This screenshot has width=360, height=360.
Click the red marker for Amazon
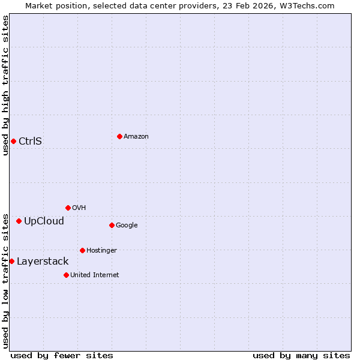click(x=119, y=136)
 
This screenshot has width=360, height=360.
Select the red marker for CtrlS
click(x=13, y=141)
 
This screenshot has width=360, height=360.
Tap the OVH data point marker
click(x=68, y=208)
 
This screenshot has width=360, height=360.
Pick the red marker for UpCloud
click(x=19, y=221)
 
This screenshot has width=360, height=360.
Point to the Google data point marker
click(x=112, y=225)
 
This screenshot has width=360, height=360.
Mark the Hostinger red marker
click(x=82, y=250)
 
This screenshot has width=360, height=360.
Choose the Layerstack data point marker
click(x=11, y=261)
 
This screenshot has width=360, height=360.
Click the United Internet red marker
click(x=66, y=275)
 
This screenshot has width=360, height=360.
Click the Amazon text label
click(x=136, y=137)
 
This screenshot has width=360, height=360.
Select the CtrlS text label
click(x=30, y=142)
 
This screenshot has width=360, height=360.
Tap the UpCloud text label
click(x=44, y=221)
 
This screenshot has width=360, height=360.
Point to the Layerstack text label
click(x=43, y=262)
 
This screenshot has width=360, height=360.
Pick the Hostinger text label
click(x=101, y=251)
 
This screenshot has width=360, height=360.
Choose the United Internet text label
click(x=95, y=275)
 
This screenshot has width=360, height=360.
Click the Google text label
click(x=127, y=226)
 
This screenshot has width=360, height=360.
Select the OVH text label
click(x=79, y=208)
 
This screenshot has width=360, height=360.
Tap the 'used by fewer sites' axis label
click(x=62, y=355)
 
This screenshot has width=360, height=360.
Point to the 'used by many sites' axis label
click(x=301, y=355)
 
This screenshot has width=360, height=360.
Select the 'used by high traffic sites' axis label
click(x=5, y=85)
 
